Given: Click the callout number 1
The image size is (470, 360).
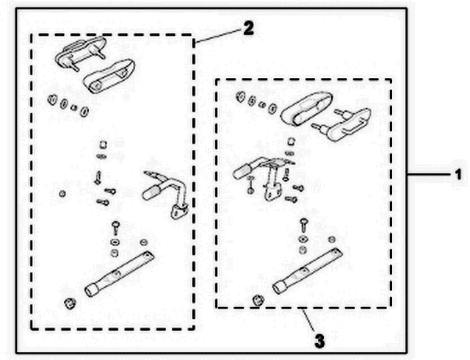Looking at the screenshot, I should click(457, 175).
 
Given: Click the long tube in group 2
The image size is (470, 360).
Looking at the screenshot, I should click(120, 273).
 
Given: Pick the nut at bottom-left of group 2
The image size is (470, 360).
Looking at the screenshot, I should click(70, 303).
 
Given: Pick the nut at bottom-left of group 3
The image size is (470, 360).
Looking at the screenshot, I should click(257, 299).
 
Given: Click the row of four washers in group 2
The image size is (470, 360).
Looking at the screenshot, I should click(68, 106).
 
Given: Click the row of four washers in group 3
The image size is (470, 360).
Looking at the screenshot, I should click(256, 102).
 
